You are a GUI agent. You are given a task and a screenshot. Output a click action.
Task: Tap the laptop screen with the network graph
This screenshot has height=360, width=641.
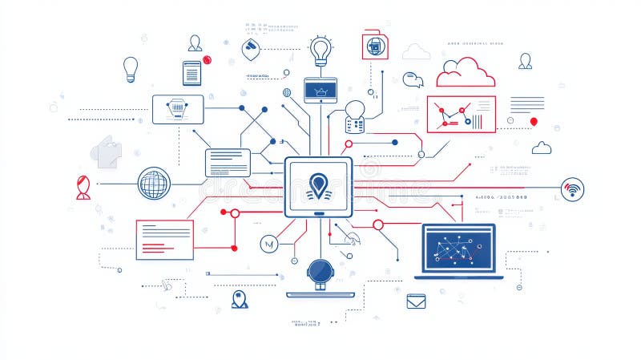458,248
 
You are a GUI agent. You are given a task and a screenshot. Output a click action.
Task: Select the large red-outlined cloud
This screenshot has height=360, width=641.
466,75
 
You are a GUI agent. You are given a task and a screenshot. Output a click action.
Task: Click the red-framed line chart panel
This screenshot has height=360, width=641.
461,114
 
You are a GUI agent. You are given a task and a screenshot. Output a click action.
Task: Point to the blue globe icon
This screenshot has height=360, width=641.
153,184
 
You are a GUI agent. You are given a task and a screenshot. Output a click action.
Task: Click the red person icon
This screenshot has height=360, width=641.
83,187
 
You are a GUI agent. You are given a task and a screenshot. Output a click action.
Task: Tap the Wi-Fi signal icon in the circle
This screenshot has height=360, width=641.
572,189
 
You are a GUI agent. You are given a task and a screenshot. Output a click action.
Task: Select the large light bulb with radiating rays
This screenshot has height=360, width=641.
321,51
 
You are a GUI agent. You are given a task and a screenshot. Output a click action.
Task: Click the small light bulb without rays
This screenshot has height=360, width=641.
131,67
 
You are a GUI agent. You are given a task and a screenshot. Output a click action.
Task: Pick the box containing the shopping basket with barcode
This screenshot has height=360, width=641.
178,109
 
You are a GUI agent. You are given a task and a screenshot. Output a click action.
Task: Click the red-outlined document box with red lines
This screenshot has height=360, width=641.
164,239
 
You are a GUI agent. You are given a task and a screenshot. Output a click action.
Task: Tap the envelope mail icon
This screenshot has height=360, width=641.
415,301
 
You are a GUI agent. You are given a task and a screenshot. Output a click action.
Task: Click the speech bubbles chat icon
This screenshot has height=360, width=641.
413,79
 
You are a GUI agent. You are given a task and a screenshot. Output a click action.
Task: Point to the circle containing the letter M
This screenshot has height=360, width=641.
268,243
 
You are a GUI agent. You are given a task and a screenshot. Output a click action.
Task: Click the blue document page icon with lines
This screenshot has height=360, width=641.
191,73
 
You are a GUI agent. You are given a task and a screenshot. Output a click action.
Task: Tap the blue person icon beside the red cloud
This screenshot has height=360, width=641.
525,61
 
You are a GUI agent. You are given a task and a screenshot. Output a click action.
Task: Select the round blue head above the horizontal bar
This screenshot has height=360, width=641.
320,270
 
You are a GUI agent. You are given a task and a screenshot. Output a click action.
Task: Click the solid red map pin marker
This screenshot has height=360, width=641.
534,122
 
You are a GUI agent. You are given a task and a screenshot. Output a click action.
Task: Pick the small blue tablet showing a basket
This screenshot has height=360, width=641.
320,89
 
